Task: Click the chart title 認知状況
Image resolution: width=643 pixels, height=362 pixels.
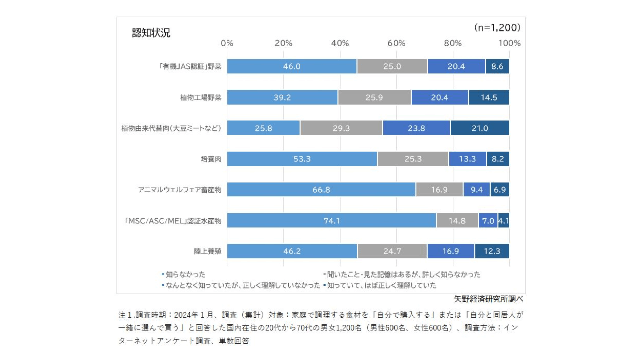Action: pyautogui.click(x=151, y=33)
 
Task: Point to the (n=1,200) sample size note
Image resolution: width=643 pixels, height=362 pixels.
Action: pyautogui.click(x=497, y=27)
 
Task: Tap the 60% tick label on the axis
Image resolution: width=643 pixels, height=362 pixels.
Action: pyautogui.click(x=396, y=43)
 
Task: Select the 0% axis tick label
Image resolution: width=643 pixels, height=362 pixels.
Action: pyautogui.click(x=227, y=43)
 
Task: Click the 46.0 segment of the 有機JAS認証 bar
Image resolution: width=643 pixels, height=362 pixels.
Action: pyautogui.click(x=292, y=66)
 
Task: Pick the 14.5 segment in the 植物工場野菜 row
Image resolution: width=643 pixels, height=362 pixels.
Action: pyautogui.click(x=489, y=97)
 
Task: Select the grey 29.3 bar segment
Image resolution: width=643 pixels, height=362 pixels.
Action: pyautogui.click(x=341, y=128)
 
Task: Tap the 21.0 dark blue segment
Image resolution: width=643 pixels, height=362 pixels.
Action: pyautogui.click(x=480, y=128)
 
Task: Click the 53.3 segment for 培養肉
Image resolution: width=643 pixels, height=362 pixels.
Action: pyautogui.click(x=302, y=159)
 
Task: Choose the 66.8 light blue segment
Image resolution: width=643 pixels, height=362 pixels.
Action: pyautogui.click(x=321, y=190)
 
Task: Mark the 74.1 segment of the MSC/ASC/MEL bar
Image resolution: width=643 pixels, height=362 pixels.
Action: pyautogui.click(x=332, y=221)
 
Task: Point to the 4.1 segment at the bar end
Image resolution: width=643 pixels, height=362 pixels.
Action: pyautogui.click(x=504, y=221)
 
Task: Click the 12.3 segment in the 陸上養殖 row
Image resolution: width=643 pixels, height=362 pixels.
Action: pyautogui.click(x=492, y=251)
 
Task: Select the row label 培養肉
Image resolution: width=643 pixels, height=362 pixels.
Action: pyautogui.click(x=211, y=159)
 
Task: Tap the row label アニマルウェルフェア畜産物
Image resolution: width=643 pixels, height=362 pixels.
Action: pyautogui.click(x=180, y=190)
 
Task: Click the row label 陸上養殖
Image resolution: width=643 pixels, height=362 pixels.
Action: pyautogui.click(x=208, y=251)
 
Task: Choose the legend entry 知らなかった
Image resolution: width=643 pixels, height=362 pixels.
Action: pyautogui.click(x=186, y=275)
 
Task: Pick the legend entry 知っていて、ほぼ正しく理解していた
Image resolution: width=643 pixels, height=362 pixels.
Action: pyautogui.click(x=381, y=285)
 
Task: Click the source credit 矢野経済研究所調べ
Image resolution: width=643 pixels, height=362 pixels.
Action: pyautogui.click(x=488, y=299)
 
